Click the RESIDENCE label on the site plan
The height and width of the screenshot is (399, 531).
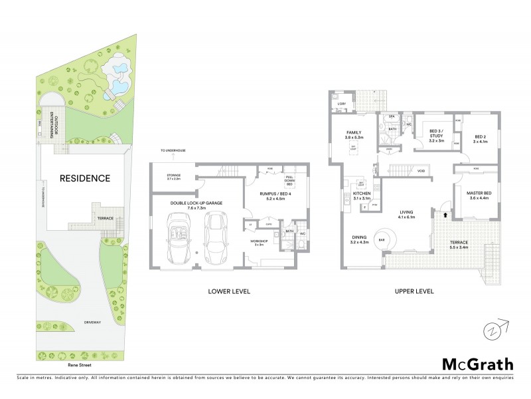(85, 178)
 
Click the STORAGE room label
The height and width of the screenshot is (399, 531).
(173, 176)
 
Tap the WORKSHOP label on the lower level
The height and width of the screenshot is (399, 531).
(258, 241)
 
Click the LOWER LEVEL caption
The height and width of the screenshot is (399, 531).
(228, 291)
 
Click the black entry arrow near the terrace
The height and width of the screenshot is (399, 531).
(445, 215)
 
